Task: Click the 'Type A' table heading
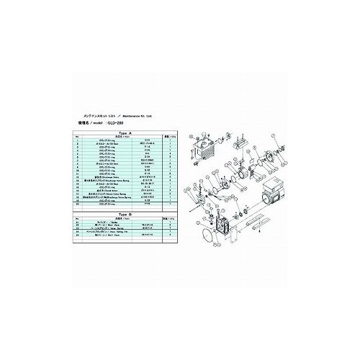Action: (126, 134)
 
